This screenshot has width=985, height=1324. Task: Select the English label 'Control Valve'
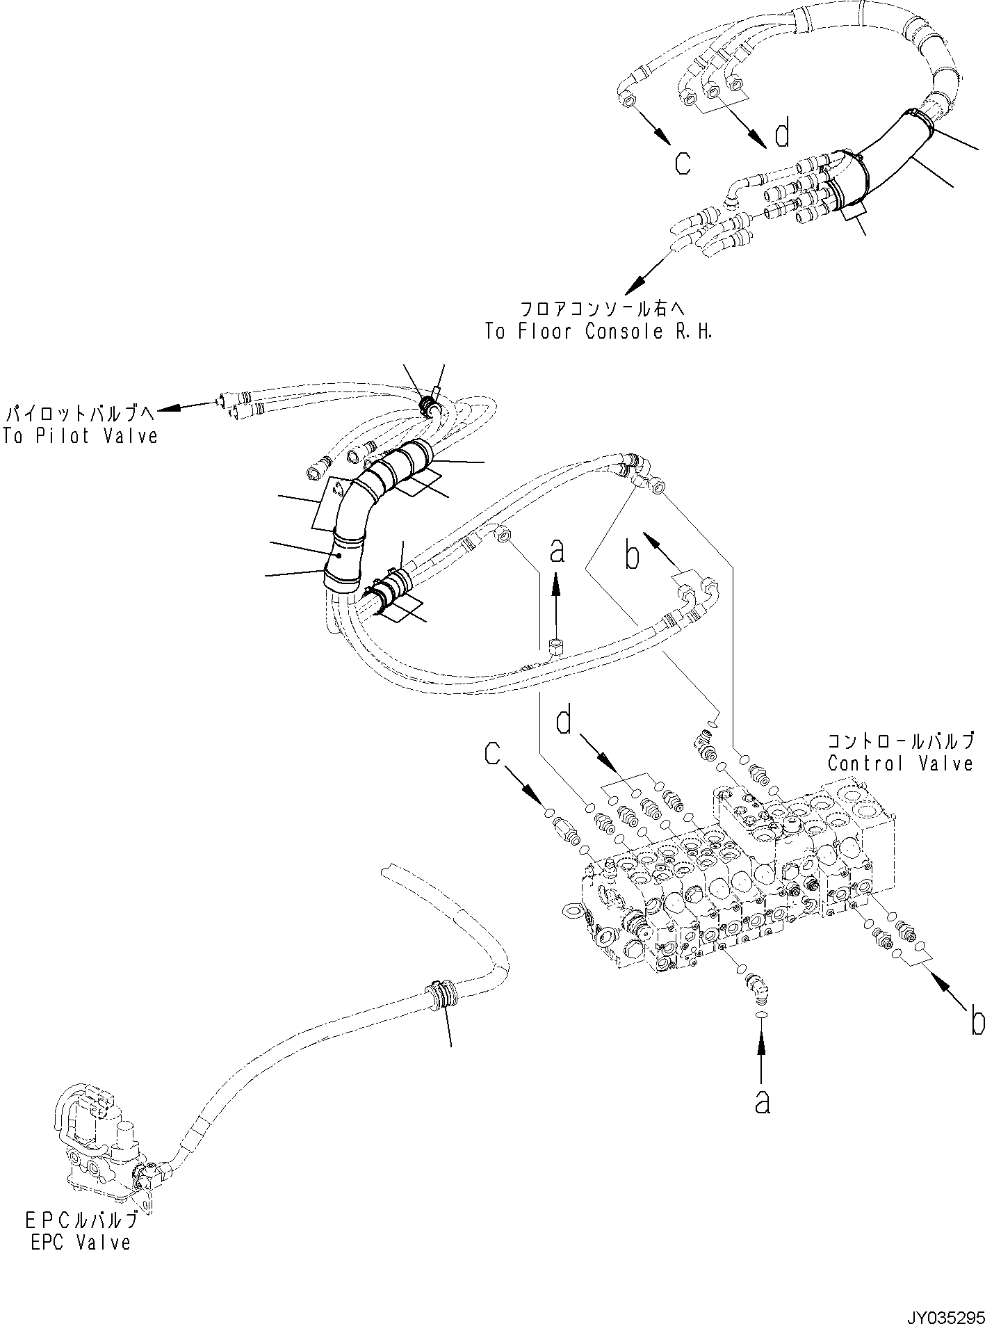click(899, 764)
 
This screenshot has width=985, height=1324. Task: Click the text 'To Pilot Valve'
click(80, 436)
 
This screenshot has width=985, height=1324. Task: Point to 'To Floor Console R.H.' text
click(599, 332)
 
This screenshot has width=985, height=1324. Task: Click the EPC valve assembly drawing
click(104, 1154)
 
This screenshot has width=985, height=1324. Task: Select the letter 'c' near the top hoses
click(683, 163)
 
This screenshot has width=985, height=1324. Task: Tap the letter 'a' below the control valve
click(763, 1101)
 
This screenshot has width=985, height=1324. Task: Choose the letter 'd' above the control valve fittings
click(564, 721)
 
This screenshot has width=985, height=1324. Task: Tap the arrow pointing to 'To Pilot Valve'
click(188, 408)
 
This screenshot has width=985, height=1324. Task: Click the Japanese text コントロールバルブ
click(899, 739)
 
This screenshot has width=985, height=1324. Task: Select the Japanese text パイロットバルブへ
click(80, 414)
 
